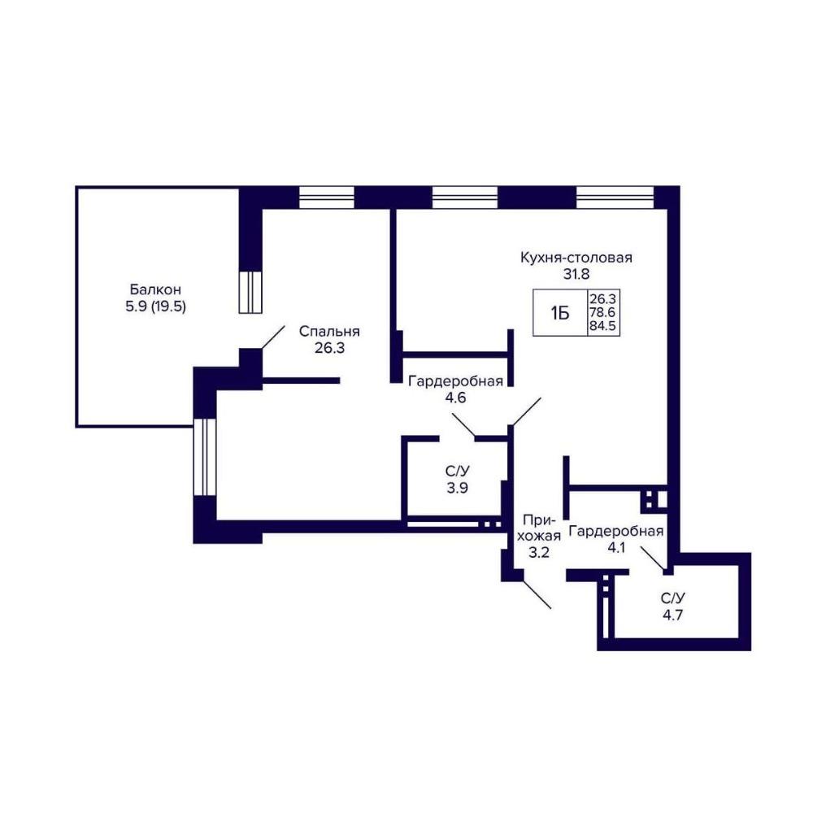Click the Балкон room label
(x=155, y=289)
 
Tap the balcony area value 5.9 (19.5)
(x=155, y=307)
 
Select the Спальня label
(x=329, y=332)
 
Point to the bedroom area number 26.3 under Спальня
(x=329, y=348)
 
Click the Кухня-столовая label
(x=576, y=257)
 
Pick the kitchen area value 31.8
(x=576, y=274)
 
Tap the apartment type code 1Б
(x=560, y=313)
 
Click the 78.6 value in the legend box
(x=602, y=313)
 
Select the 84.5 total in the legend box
(x=602, y=327)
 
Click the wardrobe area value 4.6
(x=456, y=398)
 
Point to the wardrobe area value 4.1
(x=616, y=547)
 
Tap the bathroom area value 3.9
(x=457, y=487)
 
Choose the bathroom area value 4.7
(x=672, y=615)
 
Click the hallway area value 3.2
(x=538, y=553)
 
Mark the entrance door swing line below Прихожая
(x=537, y=594)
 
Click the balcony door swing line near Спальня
(x=272, y=337)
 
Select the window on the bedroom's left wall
(x=204, y=457)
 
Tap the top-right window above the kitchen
(x=615, y=197)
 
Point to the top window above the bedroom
(x=327, y=197)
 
